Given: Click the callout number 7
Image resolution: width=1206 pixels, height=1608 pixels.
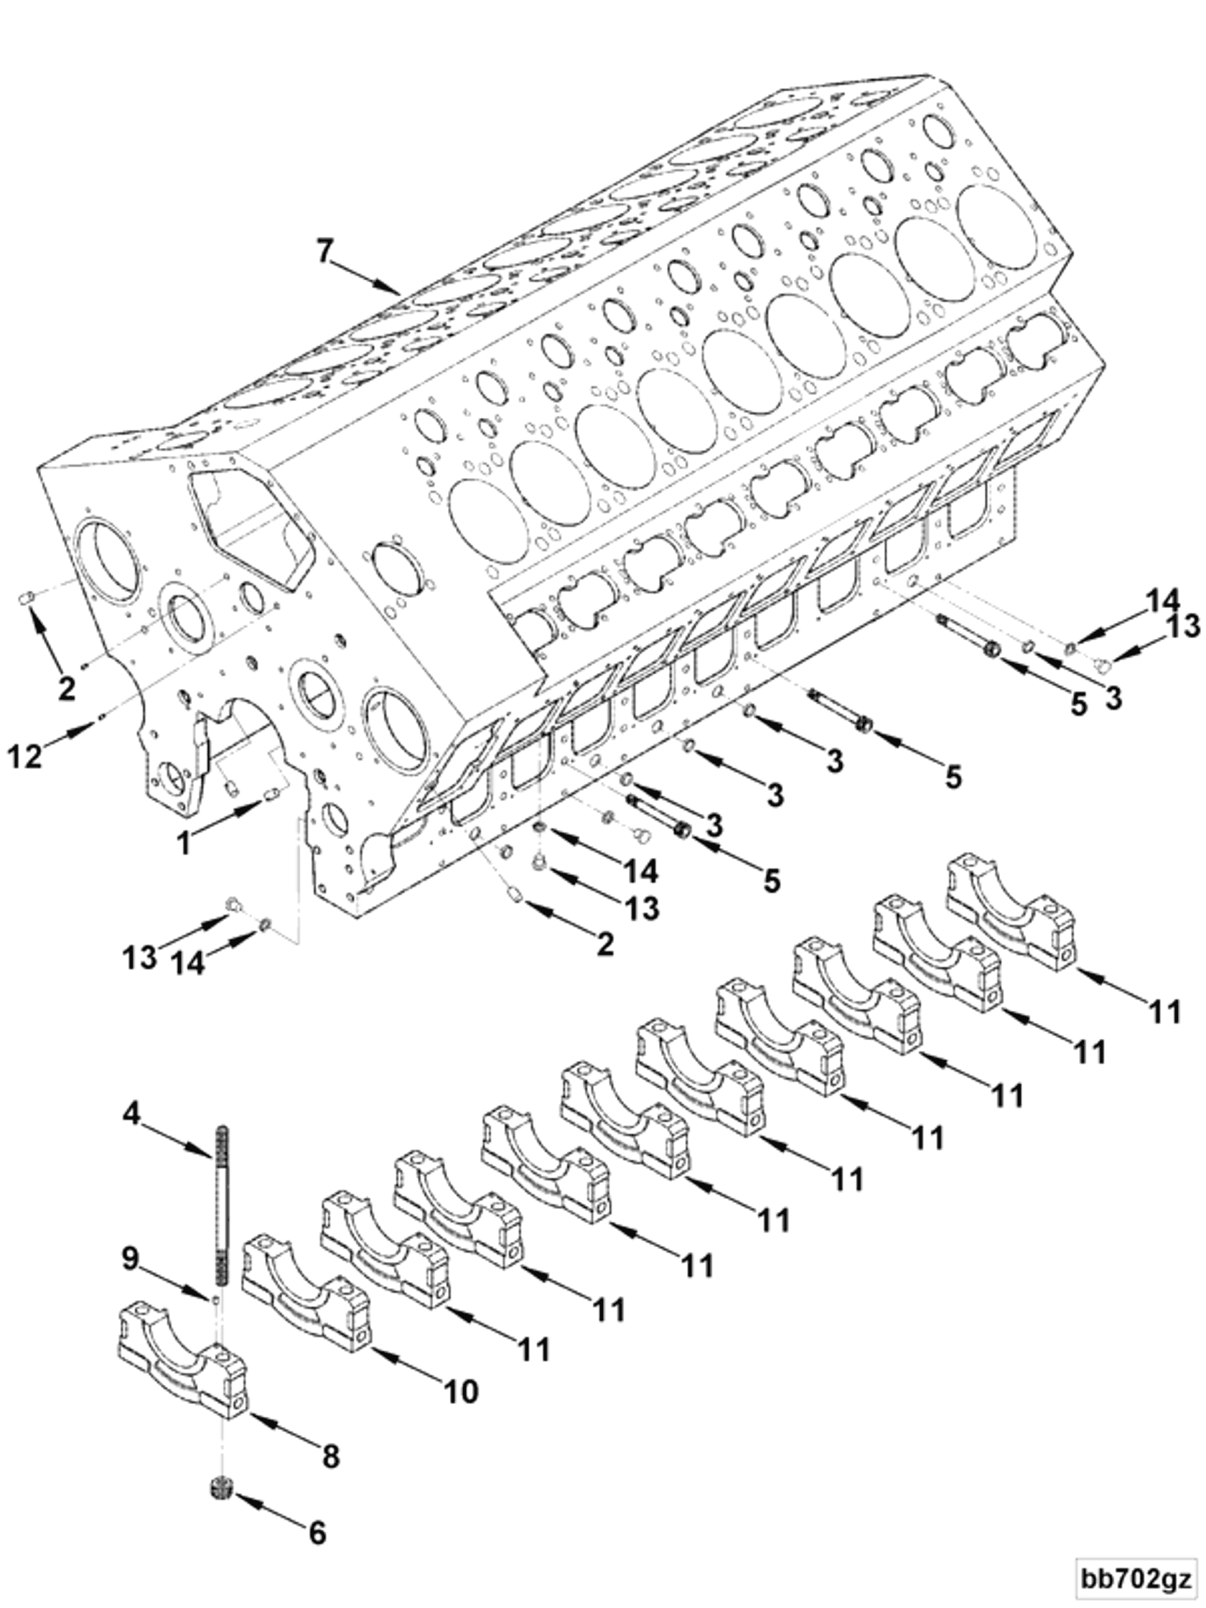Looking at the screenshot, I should [324, 251].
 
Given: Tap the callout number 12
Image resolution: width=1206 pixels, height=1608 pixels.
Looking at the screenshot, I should [24, 757].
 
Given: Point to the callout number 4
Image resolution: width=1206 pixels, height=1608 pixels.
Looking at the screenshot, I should [131, 1113].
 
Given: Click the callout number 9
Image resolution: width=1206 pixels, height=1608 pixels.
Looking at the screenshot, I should [130, 1259].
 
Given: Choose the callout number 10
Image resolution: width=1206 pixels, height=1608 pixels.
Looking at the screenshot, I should [461, 1390].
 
